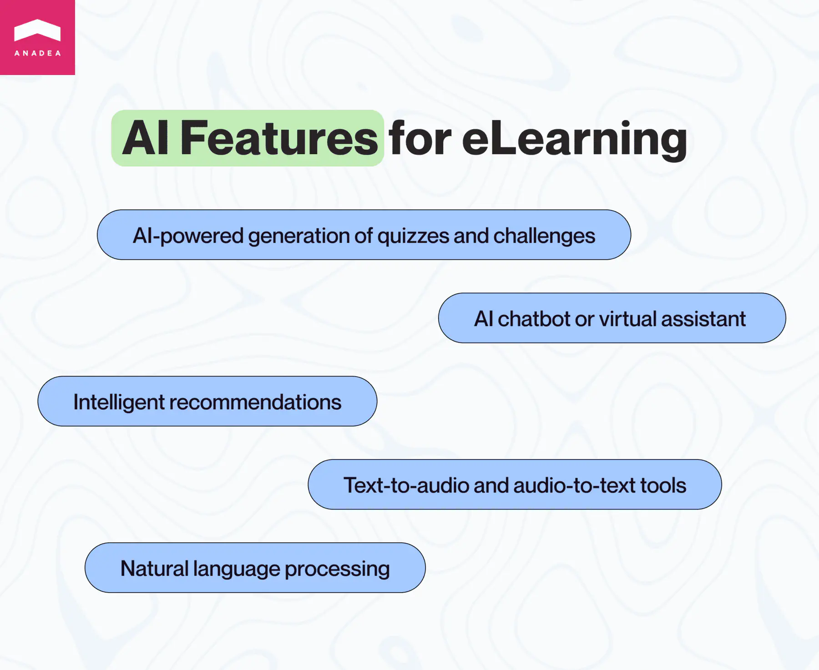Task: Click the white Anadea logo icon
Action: pyautogui.click(x=37, y=30)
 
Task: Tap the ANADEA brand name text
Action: pyautogui.click(x=37, y=53)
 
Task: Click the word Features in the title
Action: pyautogui.click(x=279, y=138)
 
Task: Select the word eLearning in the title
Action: pyautogui.click(x=574, y=139)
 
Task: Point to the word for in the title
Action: pyautogui.click(x=420, y=138)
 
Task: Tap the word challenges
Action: pyautogui.click(x=544, y=236)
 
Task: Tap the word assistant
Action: pyautogui.click(x=703, y=319)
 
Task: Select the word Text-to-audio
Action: pyautogui.click(x=406, y=485)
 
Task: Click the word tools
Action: pyautogui.click(x=663, y=485)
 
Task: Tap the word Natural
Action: pyautogui.click(x=154, y=569)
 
